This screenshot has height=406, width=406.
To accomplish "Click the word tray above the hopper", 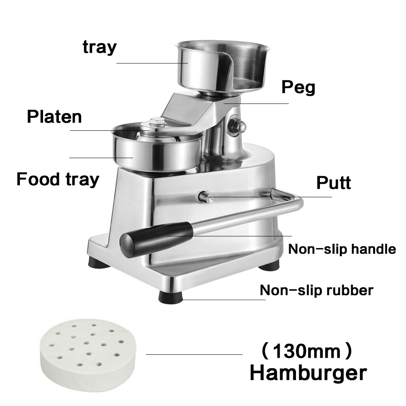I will point(99,47).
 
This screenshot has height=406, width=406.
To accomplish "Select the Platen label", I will point(54,117).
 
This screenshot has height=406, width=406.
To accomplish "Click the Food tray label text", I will point(58,179).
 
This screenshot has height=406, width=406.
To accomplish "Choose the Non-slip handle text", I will point(342,248).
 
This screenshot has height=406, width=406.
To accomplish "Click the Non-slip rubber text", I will point(316,290).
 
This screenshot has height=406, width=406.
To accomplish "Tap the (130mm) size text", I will point(307,351).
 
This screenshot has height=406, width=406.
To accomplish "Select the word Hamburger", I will point(308,373).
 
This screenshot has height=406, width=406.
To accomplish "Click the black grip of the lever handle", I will point(156,238).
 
